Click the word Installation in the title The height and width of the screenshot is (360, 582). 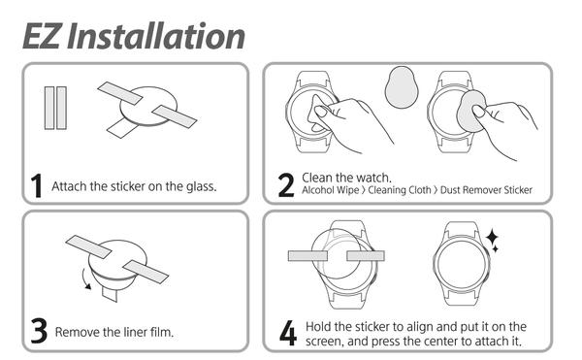[156, 36]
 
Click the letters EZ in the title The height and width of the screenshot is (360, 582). [41, 36]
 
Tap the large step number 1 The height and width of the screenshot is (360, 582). [37, 185]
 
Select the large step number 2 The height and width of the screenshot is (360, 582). [286, 184]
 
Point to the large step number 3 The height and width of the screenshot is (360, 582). [39, 330]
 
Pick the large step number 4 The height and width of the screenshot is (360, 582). [288, 333]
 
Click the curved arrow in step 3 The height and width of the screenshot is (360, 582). [85, 279]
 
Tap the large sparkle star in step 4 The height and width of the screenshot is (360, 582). [492, 237]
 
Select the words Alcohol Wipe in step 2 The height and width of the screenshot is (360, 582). [330, 190]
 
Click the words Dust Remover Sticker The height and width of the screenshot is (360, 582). [486, 190]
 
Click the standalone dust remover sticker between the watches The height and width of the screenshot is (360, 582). [402, 88]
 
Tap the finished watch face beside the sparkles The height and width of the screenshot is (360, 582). [460, 264]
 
